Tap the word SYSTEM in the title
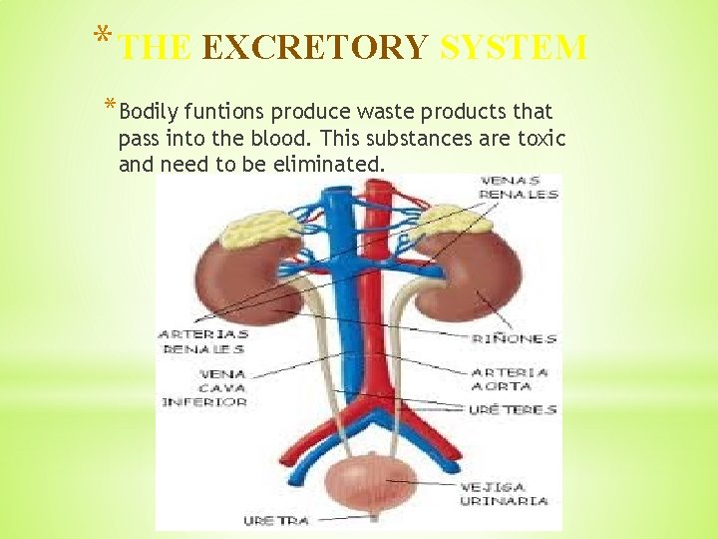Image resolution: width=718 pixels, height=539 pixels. point(513,47)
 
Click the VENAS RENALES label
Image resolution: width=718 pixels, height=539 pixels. point(520,187)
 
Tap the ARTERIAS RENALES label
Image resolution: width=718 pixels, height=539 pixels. point(203,341)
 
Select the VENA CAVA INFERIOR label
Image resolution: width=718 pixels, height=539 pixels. point(204,387)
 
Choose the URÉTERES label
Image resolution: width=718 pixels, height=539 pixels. point(513,409)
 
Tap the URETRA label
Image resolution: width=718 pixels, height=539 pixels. point(276,520)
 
